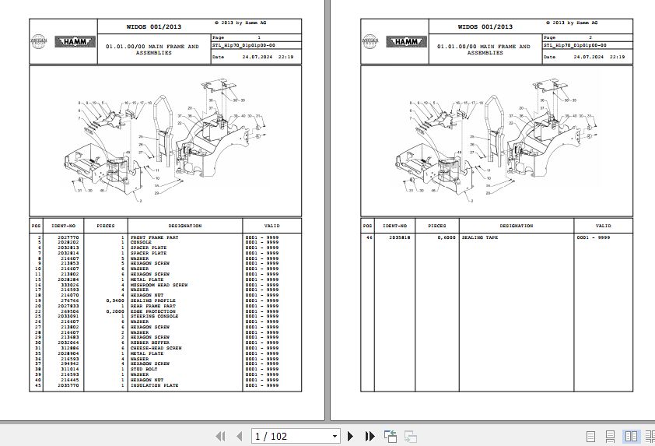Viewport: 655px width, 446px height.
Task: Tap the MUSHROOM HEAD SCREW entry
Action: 159,285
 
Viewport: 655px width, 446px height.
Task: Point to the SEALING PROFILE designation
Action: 152,300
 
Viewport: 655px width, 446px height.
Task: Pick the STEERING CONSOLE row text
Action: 154,317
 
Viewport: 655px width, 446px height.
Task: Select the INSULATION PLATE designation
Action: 154,385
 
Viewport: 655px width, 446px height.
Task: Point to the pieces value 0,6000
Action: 446,237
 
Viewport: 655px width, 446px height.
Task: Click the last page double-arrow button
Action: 370,437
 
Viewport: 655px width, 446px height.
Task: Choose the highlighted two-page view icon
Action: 631,437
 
